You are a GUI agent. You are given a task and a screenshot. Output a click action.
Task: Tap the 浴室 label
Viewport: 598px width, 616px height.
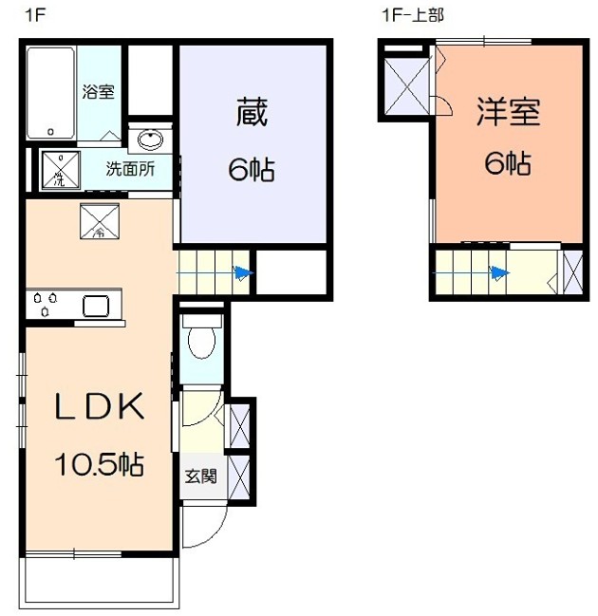pyautogui.click(x=99, y=92)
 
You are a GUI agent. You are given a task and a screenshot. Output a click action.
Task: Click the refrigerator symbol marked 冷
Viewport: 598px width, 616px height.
pyautogui.click(x=100, y=222)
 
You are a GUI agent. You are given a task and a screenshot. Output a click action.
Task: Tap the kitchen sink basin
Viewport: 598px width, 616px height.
pyautogui.click(x=100, y=305)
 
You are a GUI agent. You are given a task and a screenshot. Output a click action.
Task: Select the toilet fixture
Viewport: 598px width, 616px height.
pyautogui.click(x=200, y=340)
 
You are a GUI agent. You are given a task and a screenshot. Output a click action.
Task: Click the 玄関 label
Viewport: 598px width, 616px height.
pyautogui.click(x=200, y=476)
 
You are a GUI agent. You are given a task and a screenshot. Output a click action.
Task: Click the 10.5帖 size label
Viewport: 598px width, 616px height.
pyautogui.click(x=99, y=465)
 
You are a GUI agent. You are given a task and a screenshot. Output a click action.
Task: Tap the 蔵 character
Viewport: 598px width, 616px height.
pyautogui.click(x=252, y=114)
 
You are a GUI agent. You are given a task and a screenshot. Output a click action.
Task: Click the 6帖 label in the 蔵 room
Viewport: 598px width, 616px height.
pyautogui.click(x=252, y=170)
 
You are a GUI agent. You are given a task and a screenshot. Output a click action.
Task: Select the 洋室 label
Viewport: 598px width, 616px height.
pyautogui.click(x=508, y=112)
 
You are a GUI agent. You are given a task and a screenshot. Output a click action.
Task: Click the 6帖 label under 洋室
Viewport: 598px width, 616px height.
pyautogui.click(x=508, y=164)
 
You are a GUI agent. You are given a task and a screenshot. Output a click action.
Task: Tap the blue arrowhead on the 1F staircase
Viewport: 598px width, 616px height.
pyautogui.click(x=245, y=273)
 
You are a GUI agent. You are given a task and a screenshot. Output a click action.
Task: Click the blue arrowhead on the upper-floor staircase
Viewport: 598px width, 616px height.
pyautogui.click(x=498, y=273)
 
